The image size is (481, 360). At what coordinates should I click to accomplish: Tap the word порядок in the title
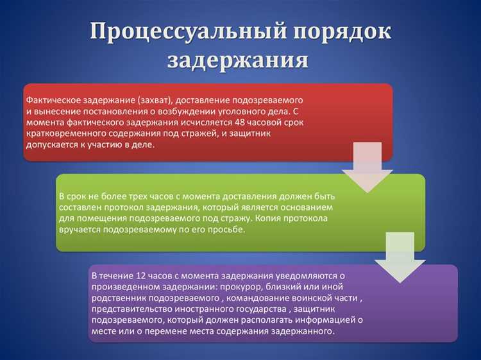tap(335, 31)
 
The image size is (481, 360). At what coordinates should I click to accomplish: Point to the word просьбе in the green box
tap(227, 229)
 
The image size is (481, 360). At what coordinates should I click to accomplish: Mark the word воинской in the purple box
tap(310, 298)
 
